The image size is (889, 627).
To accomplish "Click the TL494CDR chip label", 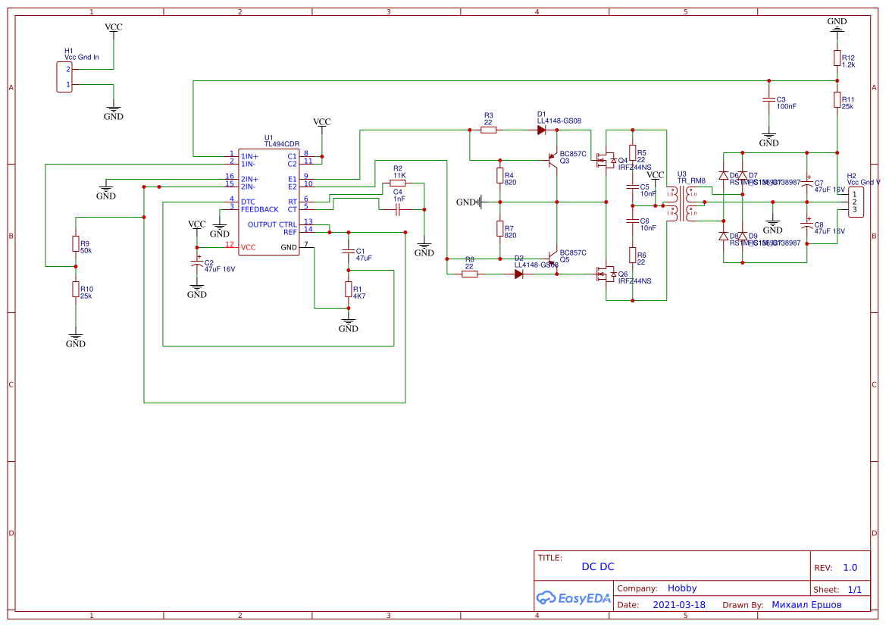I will coord(281,143).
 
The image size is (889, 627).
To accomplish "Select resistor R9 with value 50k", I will coord(76,243).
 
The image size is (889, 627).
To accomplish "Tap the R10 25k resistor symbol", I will coord(76,289).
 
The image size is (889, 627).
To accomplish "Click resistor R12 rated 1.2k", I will coord(837,58).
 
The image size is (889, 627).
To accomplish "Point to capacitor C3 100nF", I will coord(769,100).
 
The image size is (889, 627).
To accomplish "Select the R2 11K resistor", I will coord(398,183).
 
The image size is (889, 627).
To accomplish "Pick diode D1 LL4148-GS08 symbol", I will coord(542,130).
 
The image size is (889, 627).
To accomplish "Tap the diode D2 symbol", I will coord(519,274).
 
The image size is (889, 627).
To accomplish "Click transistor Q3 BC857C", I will coord(552,160).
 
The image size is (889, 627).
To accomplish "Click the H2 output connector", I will coord(856,202).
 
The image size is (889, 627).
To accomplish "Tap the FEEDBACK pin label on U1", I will coord(260,209).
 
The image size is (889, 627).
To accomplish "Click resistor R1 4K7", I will coord(349,289).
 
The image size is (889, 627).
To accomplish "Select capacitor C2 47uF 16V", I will coord(197,264).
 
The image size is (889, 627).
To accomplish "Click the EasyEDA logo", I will coord(574,598).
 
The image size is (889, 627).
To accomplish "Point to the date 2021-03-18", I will coord(678,605).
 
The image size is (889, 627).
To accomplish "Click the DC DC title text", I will coord(597,567).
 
